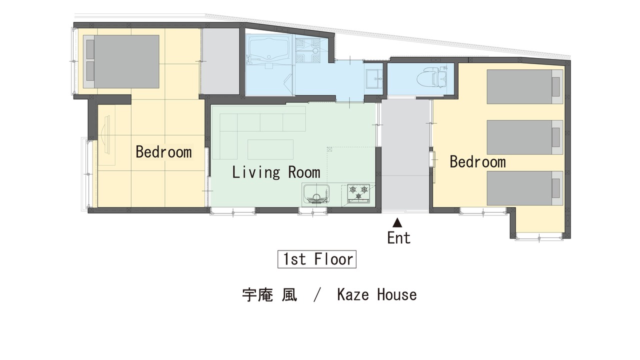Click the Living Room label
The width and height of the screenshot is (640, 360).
coord(275,172)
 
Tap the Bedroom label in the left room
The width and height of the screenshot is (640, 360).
coord(163,151)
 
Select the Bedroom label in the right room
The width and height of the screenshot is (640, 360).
coord(477,161)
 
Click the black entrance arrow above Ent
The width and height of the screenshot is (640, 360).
coord(397,222)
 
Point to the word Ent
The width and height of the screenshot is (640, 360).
coord(399,237)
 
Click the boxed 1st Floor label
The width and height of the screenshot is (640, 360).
coord(317,259)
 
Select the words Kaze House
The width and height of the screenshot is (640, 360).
coord(377,294)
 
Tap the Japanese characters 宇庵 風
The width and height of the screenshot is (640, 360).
coord(269,295)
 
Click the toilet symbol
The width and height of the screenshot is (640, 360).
coord(431,76)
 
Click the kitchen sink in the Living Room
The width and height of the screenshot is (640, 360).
coord(316,194)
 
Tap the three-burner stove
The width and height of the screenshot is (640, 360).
coord(358,193)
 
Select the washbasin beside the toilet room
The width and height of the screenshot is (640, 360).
coord(373,78)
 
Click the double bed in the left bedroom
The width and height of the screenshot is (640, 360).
coord(121,61)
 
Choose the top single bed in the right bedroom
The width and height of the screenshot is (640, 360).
coord(525,86)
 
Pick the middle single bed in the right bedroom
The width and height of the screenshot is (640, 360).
coord(525,137)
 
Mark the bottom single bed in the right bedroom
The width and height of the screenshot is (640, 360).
coord(525,188)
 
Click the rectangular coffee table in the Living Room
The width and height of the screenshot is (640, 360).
coord(270,149)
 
